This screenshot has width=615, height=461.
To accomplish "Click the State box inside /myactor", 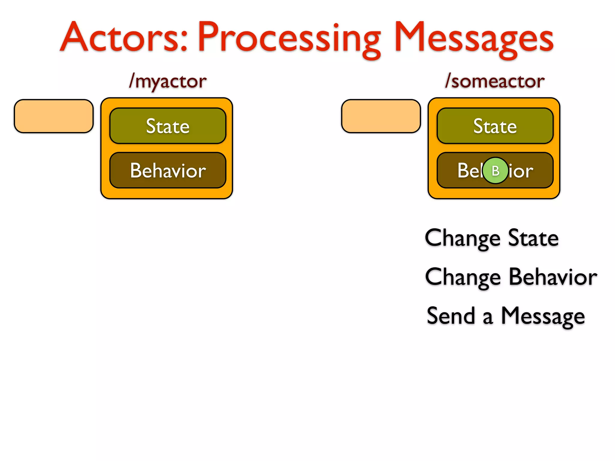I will [168, 126].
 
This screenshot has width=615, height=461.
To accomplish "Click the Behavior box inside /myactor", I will [168, 170].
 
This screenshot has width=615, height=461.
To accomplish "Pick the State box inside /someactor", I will [495, 126].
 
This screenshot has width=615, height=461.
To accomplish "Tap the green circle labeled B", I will [495, 170].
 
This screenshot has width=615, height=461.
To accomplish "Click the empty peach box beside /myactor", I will [54, 116].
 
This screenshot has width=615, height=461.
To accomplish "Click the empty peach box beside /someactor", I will [381, 116].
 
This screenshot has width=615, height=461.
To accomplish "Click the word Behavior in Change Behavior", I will [553, 277].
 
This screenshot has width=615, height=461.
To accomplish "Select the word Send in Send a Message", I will [451, 316].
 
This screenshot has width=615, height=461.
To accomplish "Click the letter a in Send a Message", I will [488, 318].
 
